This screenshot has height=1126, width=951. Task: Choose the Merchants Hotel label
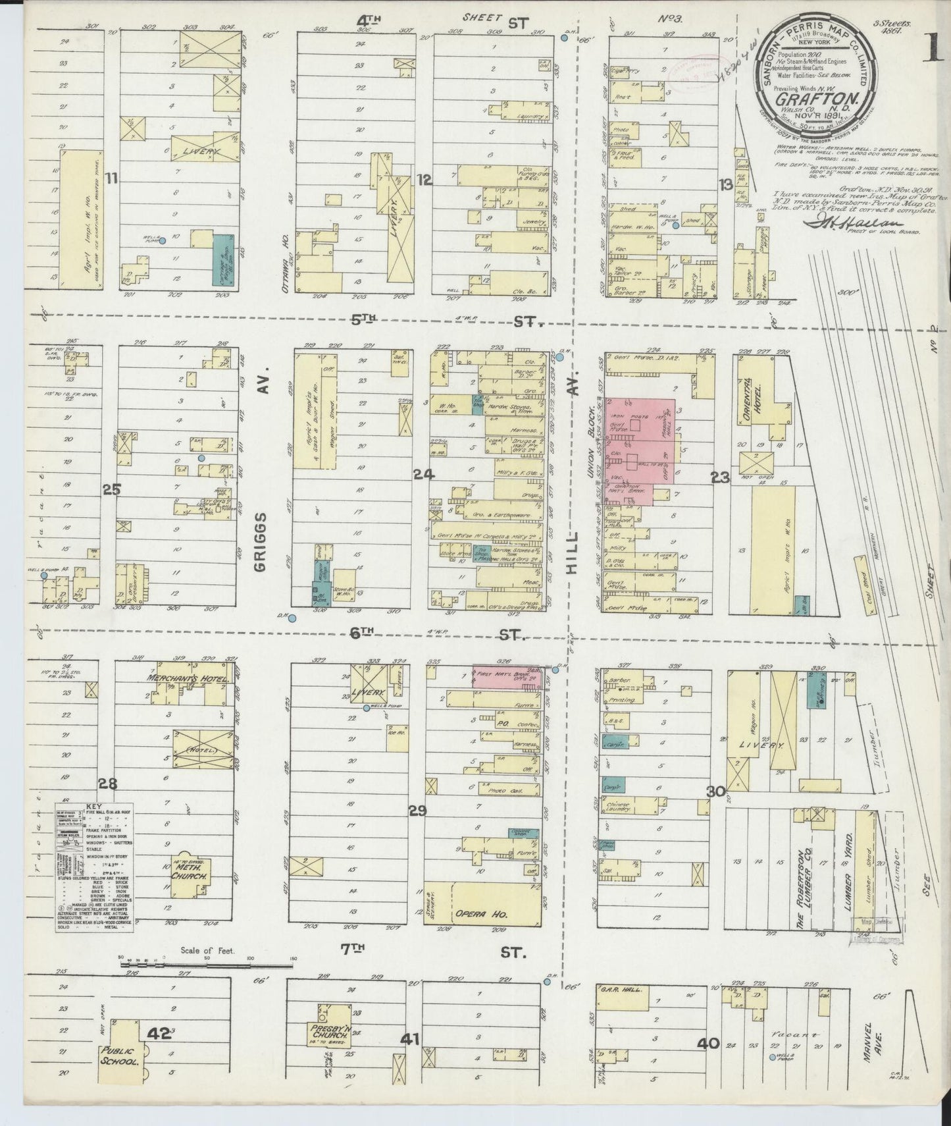[x=187, y=679]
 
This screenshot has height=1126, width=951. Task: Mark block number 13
[x=726, y=186]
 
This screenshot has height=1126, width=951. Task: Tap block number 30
[x=717, y=792]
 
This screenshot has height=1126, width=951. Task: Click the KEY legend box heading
[x=95, y=806]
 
